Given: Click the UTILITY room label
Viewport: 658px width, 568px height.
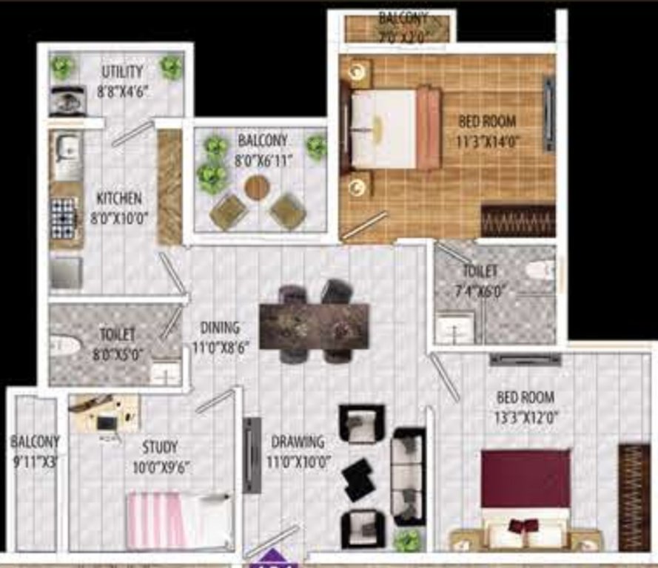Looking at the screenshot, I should coord(122,72).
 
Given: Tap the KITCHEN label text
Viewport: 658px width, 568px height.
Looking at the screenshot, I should coord(118,198).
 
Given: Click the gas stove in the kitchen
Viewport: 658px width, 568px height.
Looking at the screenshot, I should coord(64,215).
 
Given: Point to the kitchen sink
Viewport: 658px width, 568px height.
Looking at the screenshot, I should coord(67,148).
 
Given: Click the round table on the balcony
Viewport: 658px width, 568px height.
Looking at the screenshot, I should coord(257,187).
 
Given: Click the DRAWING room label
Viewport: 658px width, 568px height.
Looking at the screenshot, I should coord(298,442).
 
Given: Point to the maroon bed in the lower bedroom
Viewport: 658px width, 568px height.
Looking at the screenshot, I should coord(526,488).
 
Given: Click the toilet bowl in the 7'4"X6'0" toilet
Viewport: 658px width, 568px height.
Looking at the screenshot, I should coord(540,270).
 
